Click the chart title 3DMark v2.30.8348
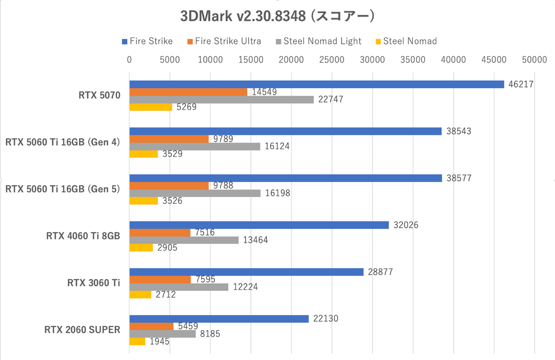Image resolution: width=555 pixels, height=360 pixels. pyautogui.click(x=277, y=16)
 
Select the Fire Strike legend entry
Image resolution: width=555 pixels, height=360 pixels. pyautogui.click(x=147, y=41)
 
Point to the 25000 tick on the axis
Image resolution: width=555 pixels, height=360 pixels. pyautogui.click(x=332, y=60)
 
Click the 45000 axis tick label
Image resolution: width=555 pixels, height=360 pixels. pyautogui.click(x=494, y=60)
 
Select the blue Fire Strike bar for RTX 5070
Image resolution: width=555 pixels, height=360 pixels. pyautogui.click(x=316, y=84)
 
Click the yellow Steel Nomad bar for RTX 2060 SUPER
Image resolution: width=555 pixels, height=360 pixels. pyautogui.click(x=137, y=341)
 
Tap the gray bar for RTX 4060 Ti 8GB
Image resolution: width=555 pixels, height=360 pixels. pyautogui.click(x=184, y=240)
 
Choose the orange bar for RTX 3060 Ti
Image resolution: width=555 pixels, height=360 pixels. pyautogui.click(x=160, y=280)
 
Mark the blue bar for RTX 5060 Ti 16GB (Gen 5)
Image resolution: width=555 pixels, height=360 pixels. pyautogui.click(x=285, y=178)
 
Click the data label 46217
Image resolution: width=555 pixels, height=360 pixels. pyautogui.click(x=521, y=84)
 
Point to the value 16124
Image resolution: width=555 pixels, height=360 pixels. pyautogui.click(x=277, y=146)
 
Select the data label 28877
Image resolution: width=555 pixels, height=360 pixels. pyautogui.click(x=381, y=272)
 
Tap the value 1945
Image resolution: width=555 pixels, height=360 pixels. pyautogui.click(x=160, y=342)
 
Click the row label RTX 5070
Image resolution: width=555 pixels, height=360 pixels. pyautogui.click(x=99, y=95)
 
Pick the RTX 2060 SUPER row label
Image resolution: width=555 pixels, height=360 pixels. pyautogui.click(x=82, y=330)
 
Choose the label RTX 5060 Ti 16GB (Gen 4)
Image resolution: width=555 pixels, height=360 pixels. pyautogui.click(x=63, y=142)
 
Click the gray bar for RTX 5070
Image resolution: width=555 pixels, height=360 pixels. pyautogui.click(x=221, y=99)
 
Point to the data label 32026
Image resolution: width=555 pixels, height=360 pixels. pyautogui.click(x=406, y=225)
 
